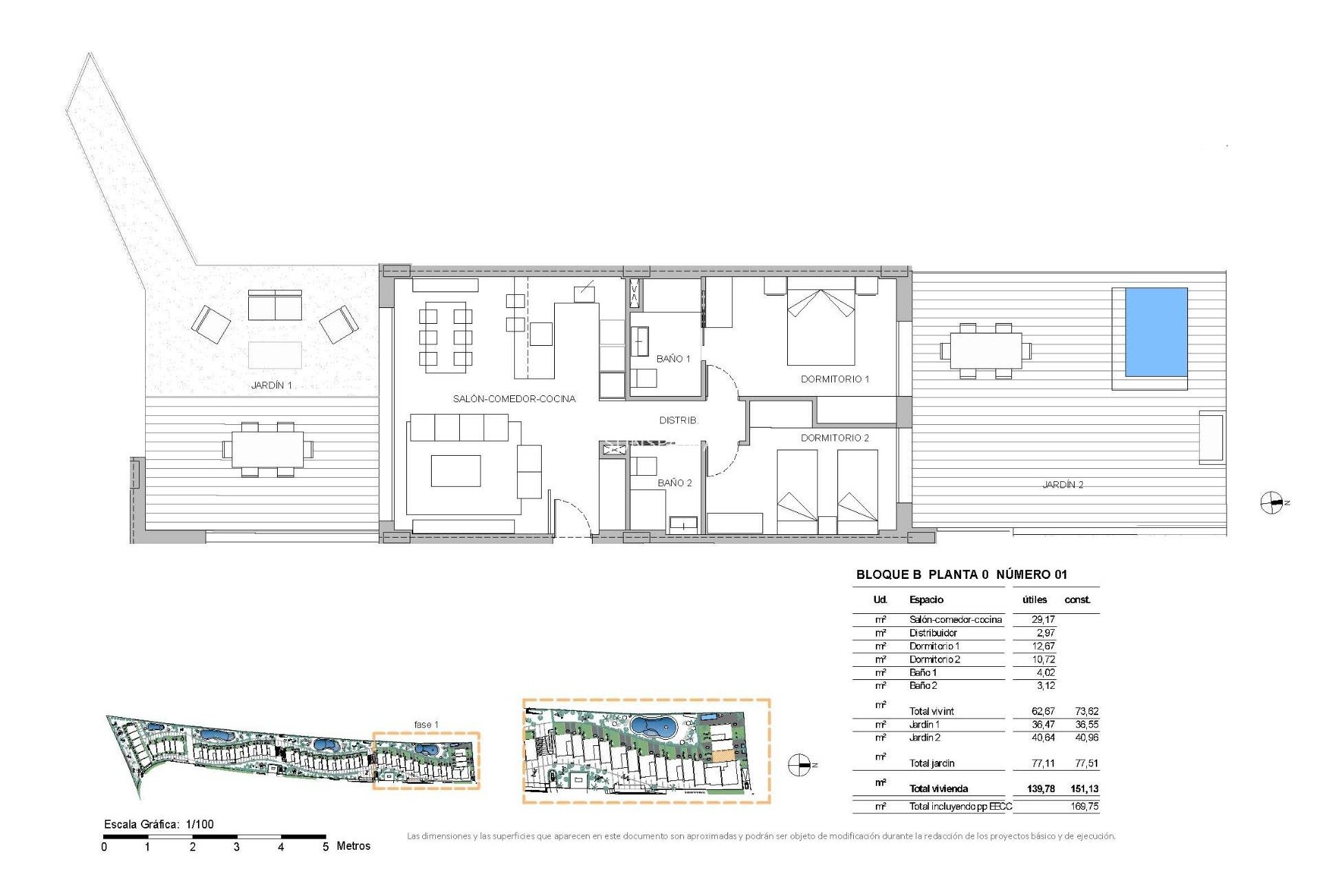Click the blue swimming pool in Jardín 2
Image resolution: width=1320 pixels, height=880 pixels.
(1156, 332)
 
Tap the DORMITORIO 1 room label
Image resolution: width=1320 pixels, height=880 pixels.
(835, 379)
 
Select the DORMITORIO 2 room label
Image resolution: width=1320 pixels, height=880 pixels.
(835, 438)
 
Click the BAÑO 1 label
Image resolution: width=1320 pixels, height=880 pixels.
(673, 359)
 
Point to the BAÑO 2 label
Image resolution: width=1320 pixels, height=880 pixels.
(674, 483)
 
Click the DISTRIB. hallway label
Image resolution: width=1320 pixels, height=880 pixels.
(678, 420)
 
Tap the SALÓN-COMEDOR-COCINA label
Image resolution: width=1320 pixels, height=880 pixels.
(514, 399)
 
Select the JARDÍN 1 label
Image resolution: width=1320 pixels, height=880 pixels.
(272, 386)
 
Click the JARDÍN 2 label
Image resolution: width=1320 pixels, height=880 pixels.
(1062, 485)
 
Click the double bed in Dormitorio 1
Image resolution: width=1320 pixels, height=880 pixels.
(821, 327)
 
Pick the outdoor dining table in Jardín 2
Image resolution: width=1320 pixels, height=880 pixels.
(986, 351)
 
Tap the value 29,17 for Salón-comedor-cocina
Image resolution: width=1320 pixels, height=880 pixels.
(1043, 619)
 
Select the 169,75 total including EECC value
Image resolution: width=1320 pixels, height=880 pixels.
(1084, 806)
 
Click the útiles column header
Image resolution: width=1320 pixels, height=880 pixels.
(1035, 599)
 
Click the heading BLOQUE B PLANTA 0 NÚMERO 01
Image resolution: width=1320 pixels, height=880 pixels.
(961, 575)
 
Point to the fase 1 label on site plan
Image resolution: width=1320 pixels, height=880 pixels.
(426, 725)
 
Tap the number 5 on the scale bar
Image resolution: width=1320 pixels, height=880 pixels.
(325, 847)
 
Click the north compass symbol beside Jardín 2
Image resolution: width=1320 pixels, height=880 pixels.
(1272, 503)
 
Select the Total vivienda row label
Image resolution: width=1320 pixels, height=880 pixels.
(938, 789)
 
